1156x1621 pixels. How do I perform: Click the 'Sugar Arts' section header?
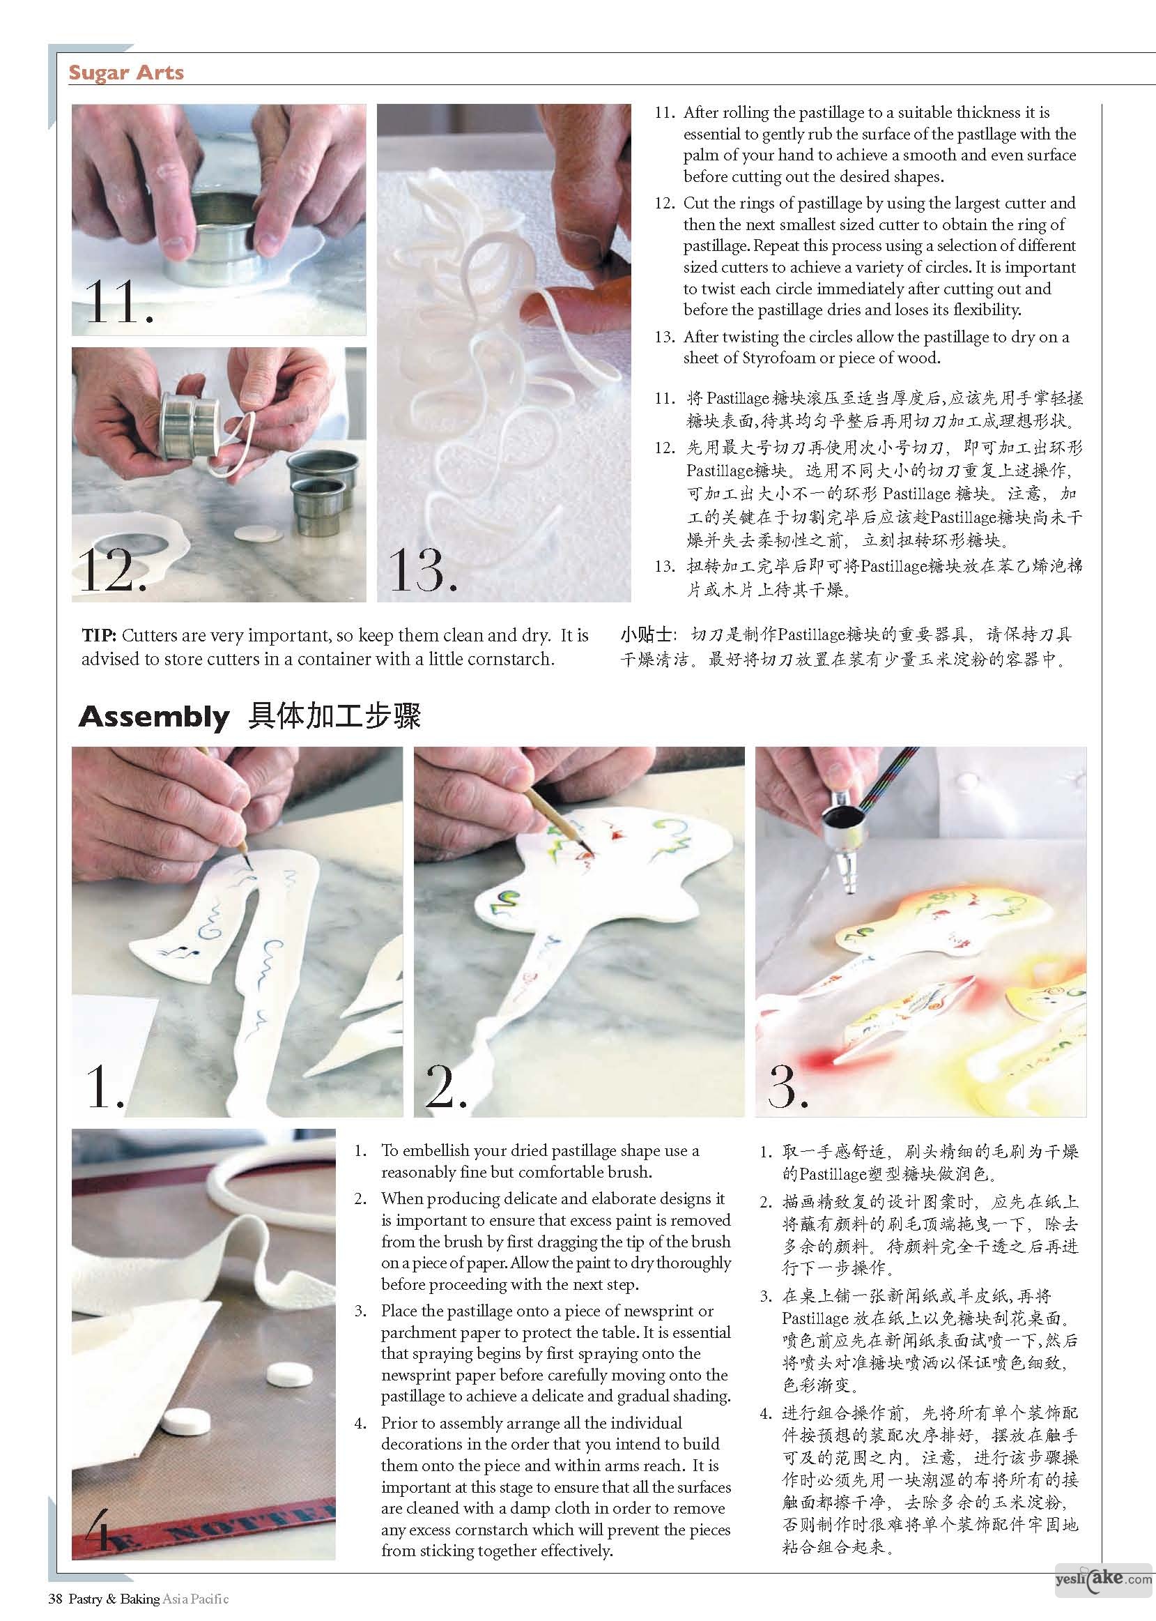[126, 73]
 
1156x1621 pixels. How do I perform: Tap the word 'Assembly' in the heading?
[154, 717]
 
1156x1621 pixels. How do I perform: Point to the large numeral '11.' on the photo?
[118, 302]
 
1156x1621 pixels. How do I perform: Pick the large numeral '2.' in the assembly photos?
[445, 1086]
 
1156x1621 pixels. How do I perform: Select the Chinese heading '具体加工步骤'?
[334, 717]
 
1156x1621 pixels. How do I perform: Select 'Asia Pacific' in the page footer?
[195, 1599]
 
